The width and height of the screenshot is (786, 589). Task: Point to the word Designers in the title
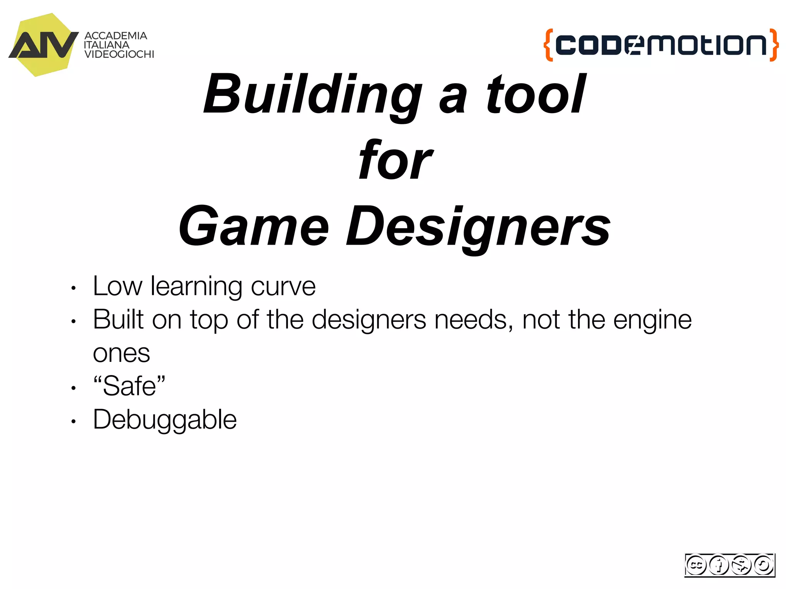(x=478, y=227)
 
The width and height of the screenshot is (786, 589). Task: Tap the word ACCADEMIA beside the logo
(x=116, y=36)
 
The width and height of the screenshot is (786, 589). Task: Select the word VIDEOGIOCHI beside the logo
(x=119, y=54)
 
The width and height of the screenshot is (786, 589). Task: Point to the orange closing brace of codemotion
(x=774, y=45)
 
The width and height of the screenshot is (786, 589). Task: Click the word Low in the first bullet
(x=117, y=286)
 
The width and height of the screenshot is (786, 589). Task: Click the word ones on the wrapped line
(x=121, y=354)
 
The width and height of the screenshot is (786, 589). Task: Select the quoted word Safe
(x=129, y=386)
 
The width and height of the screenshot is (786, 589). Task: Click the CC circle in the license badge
(x=696, y=565)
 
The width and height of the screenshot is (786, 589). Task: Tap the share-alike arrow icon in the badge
(x=763, y=565)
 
